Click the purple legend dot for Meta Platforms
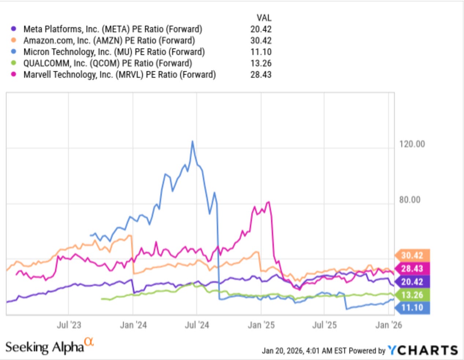pyautogui.click(x=14, y=29)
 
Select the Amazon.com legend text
pyautogui.click(x=109, y=40)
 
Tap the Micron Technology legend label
pyautogui.click(x=114, y=52)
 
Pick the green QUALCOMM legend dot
pyautogui.click(x=14, y=63)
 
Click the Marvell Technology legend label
pyautogui.click(x=120, y=74)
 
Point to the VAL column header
pyautogui.click(x=264, y=18)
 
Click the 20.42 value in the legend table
pyautogui.click(x=261, y=29)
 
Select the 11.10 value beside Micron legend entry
pyautogui.click(x=261, y=52)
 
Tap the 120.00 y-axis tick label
pyautogui.click(x=412, y=144)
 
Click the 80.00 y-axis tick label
pyautogui.click(x=409, y=200)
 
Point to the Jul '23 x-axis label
pyautogui.click(x=69, y=325)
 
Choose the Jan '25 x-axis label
pyautogui.click(x=261, y=325)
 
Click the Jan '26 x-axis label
pyautogui.click(x=389, y=325)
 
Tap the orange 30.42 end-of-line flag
pyautogui.click(x=412, y=255)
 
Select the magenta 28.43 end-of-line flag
pyautogui.click(x=412, y=269)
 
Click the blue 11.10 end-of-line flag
pyautogui.click(x=412, y=308)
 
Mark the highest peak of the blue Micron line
pyautogui.click(x=192, y=141)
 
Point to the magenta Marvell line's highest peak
pyautogui.click(x=268, y=202)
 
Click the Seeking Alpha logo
pyautogui.click(x=49, y=346)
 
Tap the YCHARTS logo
pyautogui.click(x=423, y=350)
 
